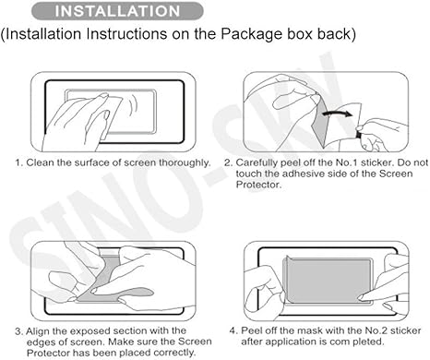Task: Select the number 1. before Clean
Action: click(18, 163)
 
